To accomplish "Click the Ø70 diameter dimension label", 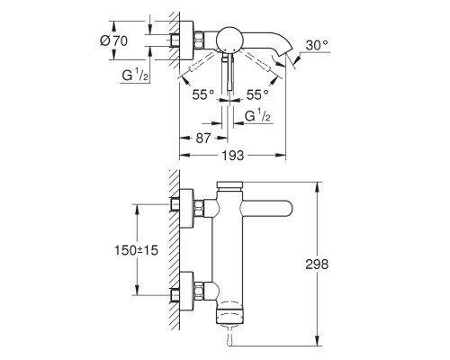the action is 113,40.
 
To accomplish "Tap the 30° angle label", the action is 317,46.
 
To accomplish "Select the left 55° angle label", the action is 203,94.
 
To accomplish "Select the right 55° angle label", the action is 257,94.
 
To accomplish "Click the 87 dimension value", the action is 203,139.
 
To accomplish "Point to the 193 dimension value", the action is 233,156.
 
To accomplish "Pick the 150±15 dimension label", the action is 136,250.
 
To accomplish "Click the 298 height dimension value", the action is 317,265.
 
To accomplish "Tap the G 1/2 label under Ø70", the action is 135,76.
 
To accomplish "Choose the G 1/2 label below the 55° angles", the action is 257,116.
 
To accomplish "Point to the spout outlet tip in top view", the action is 283,54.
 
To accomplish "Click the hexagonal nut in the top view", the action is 199,40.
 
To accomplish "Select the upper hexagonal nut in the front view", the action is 199,209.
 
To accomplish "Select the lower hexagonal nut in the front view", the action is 199,291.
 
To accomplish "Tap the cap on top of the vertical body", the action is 230,185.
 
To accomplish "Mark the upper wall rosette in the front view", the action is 186,209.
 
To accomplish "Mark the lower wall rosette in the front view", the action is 186,291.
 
